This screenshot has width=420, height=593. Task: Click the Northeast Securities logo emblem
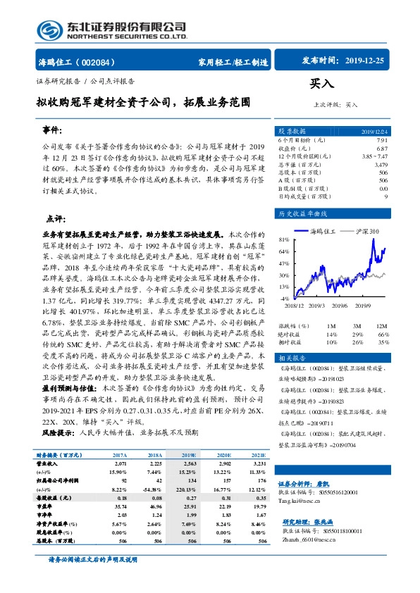(47, 29)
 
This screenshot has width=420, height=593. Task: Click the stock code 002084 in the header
(104, 61)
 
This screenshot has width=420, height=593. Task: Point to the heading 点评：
(56, 218)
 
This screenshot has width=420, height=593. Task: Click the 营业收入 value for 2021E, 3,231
(259, 465)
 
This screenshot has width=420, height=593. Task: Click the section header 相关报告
(291, 358)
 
